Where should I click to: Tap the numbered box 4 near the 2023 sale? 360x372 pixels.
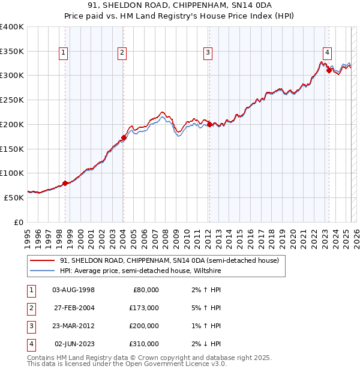[328, 52]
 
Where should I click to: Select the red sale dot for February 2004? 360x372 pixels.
[123, 137]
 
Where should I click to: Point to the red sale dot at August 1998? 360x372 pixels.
[65, 183]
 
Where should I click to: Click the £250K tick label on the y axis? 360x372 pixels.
[12, 100]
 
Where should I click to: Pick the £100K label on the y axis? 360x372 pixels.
[12, 173]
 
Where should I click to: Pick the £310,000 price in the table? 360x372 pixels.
[145, 344]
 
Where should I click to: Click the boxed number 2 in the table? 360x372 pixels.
[31, 308]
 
